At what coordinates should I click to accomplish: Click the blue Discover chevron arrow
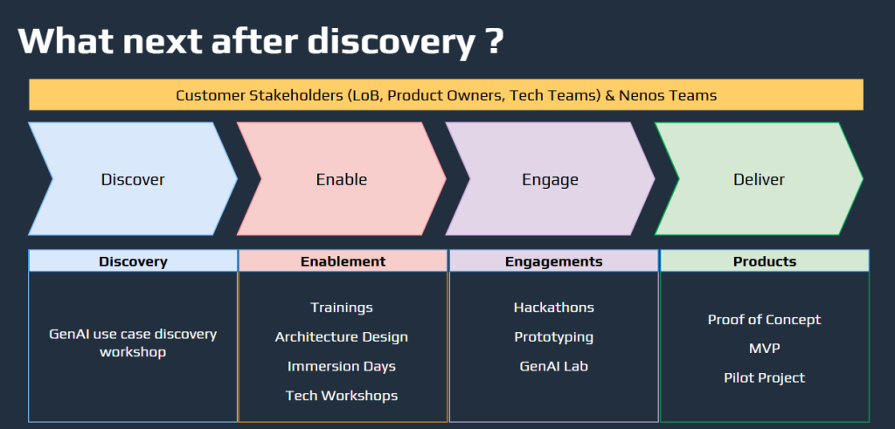point(133,178)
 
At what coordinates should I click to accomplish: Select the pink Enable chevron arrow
point(342,178)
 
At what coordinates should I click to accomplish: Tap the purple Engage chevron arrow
point(551,178)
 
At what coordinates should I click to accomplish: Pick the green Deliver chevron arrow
point(759,178)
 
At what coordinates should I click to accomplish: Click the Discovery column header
point(133,261)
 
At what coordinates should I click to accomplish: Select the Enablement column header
point(343,261)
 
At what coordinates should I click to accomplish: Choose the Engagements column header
point(553,261)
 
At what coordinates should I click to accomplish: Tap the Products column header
point(765,261)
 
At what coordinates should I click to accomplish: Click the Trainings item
point(342,308)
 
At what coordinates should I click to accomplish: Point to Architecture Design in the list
point(342,336)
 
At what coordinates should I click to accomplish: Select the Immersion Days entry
point(342,366)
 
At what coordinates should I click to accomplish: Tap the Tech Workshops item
point(342,395)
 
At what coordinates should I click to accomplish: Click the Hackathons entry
point(553,308)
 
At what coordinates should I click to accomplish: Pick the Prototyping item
point(553,336)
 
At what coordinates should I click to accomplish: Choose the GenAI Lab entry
point(553,366)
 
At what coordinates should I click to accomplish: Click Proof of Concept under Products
point(764,320)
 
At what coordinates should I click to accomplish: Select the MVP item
point(764,349)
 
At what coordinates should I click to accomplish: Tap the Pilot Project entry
point(764,377)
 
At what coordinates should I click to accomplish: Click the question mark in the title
point(496,40)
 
